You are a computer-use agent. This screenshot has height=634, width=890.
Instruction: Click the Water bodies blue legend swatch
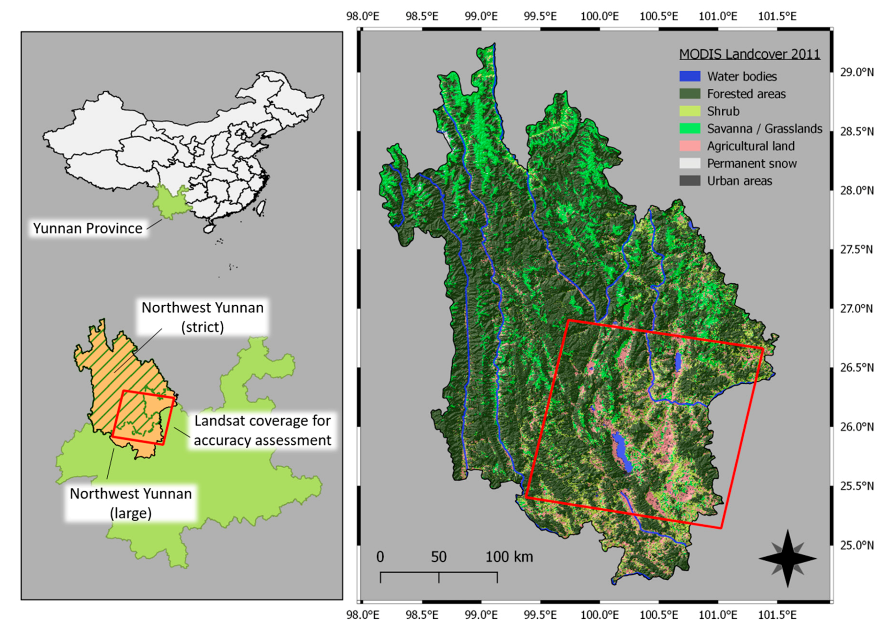689,76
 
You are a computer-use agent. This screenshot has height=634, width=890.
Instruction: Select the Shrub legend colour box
689,111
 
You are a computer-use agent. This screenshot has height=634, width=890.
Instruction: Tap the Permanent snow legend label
751,164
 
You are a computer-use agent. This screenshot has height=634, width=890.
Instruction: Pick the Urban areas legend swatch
689,181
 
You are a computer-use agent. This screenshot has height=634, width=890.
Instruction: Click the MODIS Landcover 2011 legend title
749,54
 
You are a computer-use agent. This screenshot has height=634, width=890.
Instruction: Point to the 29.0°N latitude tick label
856,72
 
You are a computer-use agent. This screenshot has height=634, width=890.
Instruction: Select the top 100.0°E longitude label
599,16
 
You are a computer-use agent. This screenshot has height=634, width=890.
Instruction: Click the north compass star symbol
787,559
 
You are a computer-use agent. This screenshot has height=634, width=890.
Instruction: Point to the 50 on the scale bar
438,557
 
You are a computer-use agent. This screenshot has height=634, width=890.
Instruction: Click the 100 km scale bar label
509,557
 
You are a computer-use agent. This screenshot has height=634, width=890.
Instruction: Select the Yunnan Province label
88,228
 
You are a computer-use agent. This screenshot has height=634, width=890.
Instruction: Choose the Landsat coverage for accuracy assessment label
262,430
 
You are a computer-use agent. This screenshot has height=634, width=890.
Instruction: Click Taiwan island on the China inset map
263,207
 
